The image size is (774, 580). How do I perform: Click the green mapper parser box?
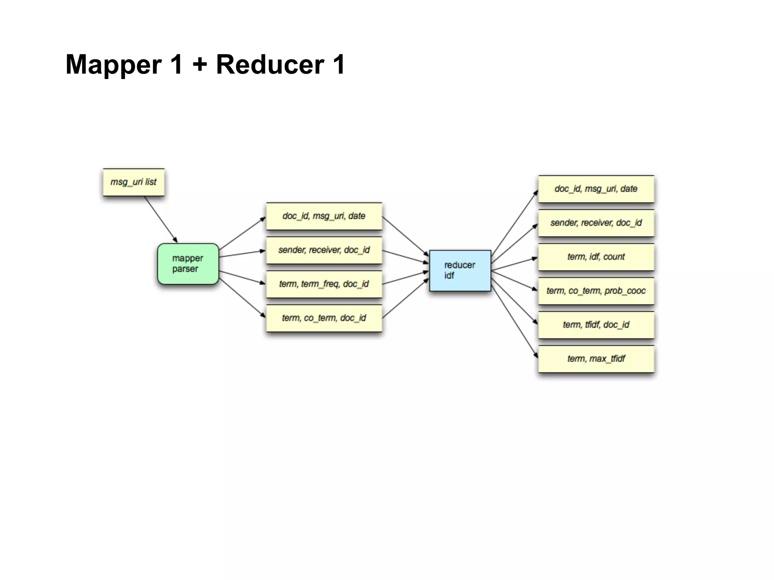[188, 264]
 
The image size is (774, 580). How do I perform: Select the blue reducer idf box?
[460, 270]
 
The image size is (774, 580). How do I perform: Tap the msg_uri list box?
[133, 182]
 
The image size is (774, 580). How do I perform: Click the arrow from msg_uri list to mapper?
[161, 219]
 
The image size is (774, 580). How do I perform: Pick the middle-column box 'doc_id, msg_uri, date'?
[324, 216]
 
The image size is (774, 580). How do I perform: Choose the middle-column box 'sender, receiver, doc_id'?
[324, 250]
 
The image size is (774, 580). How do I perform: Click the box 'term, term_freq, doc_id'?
[324, 284]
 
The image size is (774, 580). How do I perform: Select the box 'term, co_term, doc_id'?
[324, 318]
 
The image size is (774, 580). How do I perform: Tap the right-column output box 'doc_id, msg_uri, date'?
[596, 189]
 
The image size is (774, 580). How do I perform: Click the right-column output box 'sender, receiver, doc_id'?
[596, 223]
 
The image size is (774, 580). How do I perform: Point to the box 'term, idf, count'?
[596, 257]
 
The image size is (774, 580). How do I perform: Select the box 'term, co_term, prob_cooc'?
[596, 291]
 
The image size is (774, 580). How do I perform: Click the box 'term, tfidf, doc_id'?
[596, 325]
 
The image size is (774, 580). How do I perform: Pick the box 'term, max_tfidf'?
[596, 359]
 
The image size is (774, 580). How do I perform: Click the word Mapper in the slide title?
[114, 65]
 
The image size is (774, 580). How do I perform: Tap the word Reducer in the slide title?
[270, 65]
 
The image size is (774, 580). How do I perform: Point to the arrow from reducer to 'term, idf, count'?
[514, 264]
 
